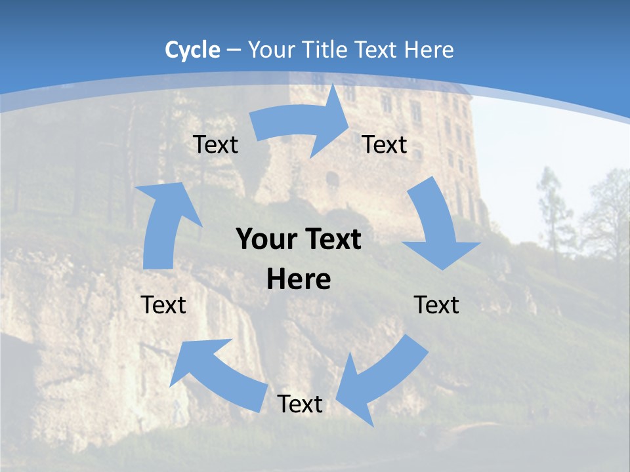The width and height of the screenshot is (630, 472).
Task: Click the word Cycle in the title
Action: pyautogui.click(x=192, y=50)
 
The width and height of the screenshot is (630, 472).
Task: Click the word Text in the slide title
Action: pyautogui.click(x=377, y=50)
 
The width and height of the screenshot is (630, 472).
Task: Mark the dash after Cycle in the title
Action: pyautogui.click(x=234, y=50)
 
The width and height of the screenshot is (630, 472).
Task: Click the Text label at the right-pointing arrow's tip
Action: pyautogui.click(x=385, y=144)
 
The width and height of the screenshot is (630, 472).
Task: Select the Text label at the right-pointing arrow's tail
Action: pyautogui.click(x=215, y=144)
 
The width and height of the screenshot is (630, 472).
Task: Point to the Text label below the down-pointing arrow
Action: pyautogui.click(x=436, y=305)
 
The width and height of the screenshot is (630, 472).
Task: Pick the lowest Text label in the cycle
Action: pyautogui.click(x=300, y=404)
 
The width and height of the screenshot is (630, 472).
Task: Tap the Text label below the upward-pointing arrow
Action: pyautogui.click(x=163, y=305)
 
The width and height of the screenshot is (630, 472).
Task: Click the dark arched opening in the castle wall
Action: pyautogui.click(x=332, y=179)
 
